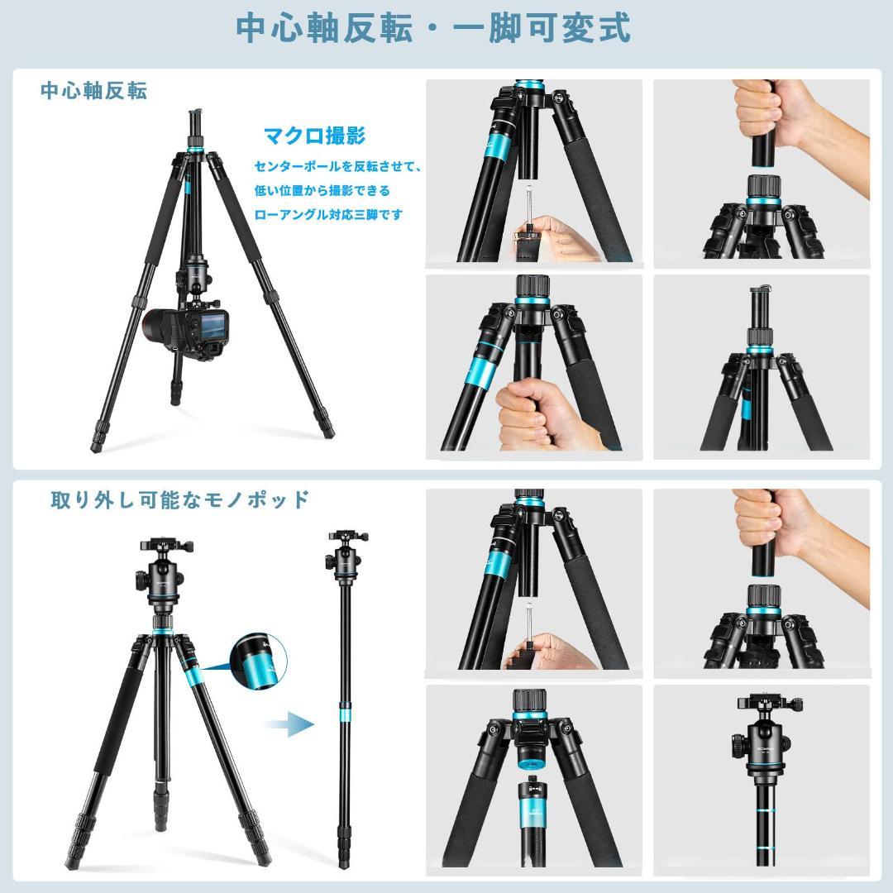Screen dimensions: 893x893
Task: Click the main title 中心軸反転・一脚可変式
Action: coord(433,28)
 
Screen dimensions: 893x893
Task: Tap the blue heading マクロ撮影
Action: coord(314,136)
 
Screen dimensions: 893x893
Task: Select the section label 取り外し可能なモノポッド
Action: coord(179,499)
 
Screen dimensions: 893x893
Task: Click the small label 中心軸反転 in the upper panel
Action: coord(94,91)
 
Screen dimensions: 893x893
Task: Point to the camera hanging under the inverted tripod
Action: coord(186,332)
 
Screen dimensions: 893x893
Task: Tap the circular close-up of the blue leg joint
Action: coord(259,661)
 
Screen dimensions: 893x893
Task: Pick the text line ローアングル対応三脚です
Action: coord(328,215)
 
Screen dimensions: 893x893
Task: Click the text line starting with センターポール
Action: coord(337,166)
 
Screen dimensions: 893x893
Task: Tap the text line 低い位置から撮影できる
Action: coord(322,190)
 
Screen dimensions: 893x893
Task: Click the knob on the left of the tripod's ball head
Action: coord(141,581)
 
